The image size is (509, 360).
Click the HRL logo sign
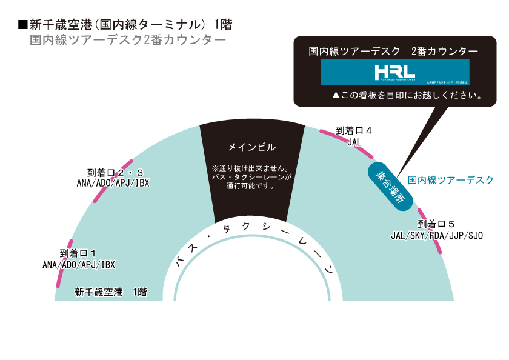394,72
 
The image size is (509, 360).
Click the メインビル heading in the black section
251,147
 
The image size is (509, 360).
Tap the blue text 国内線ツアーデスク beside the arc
451,180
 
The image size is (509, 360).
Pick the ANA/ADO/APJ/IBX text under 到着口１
78,264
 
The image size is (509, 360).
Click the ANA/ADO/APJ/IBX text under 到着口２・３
113,182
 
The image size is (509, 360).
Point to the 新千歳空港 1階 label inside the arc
110,292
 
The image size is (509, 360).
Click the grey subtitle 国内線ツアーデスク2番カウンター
128,41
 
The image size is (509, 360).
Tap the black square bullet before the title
24,25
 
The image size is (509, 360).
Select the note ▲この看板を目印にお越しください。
407,96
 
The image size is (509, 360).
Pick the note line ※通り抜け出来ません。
251,168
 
